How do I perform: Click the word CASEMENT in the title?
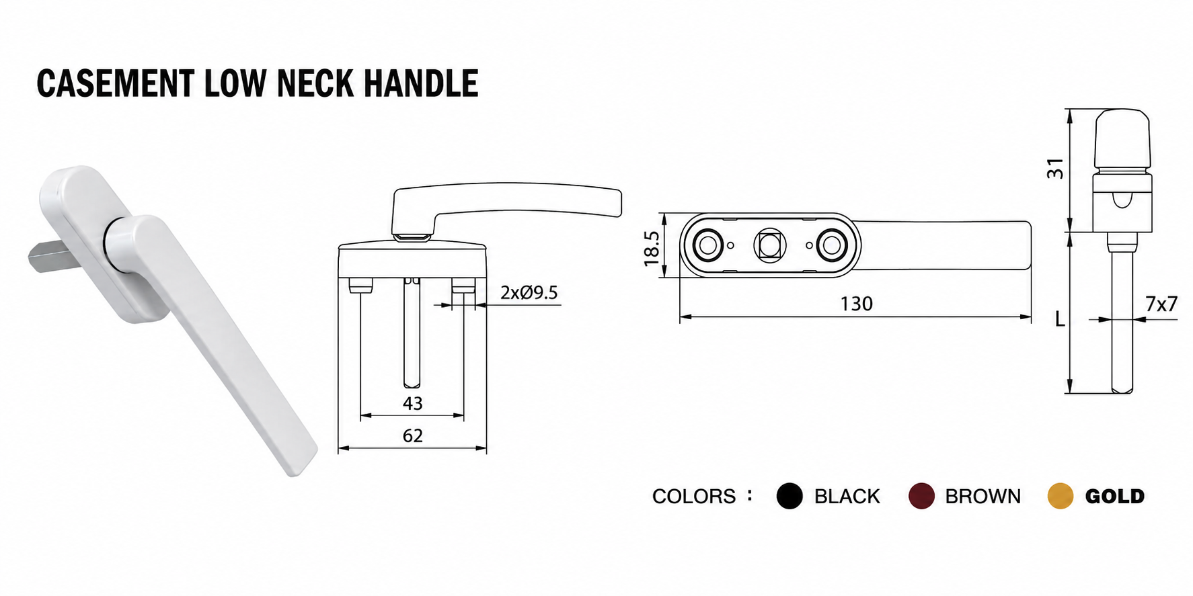click(115, 84)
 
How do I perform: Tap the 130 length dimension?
click(856, 304)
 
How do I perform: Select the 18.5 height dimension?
click(652, 248)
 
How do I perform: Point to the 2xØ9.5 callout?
click(529, 293)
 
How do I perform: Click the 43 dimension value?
click(412, 403)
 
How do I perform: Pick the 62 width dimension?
click(412, 436)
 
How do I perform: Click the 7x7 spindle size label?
click(1161, 304)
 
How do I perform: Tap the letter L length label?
click(1060, 319)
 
